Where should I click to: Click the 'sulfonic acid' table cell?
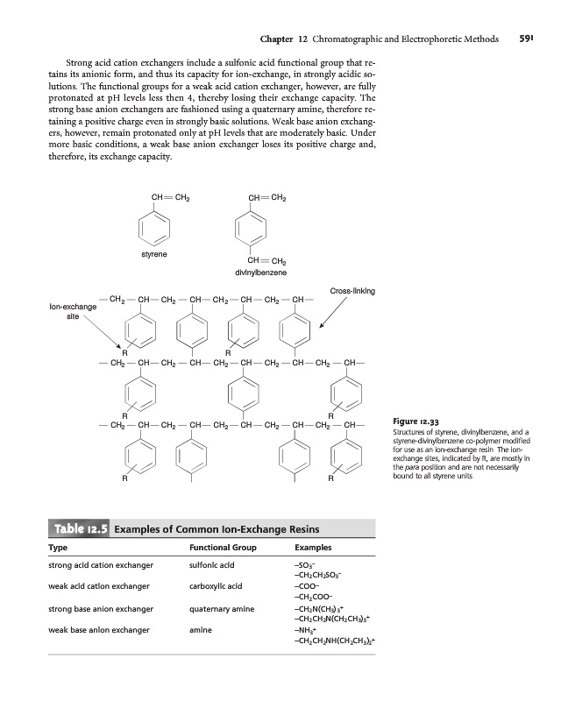click(213, 568)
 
